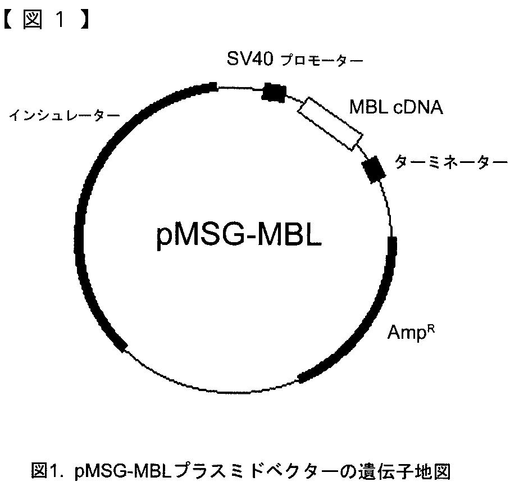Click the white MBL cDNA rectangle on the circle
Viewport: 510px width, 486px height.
coord(330,124)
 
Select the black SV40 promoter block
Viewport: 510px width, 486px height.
coord(274,92)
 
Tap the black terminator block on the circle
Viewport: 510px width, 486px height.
coord(374,170)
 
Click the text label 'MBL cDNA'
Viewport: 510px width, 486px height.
coord(396,107)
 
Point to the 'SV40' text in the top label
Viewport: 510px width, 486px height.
coord(250,59)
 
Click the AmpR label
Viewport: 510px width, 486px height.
coord(411,333)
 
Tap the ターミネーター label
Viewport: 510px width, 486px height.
coord(451,162)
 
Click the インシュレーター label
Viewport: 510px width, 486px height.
coord(65,115)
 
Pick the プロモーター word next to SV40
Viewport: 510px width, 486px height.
coord(322,60)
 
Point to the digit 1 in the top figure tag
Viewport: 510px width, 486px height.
coord(61,20)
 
